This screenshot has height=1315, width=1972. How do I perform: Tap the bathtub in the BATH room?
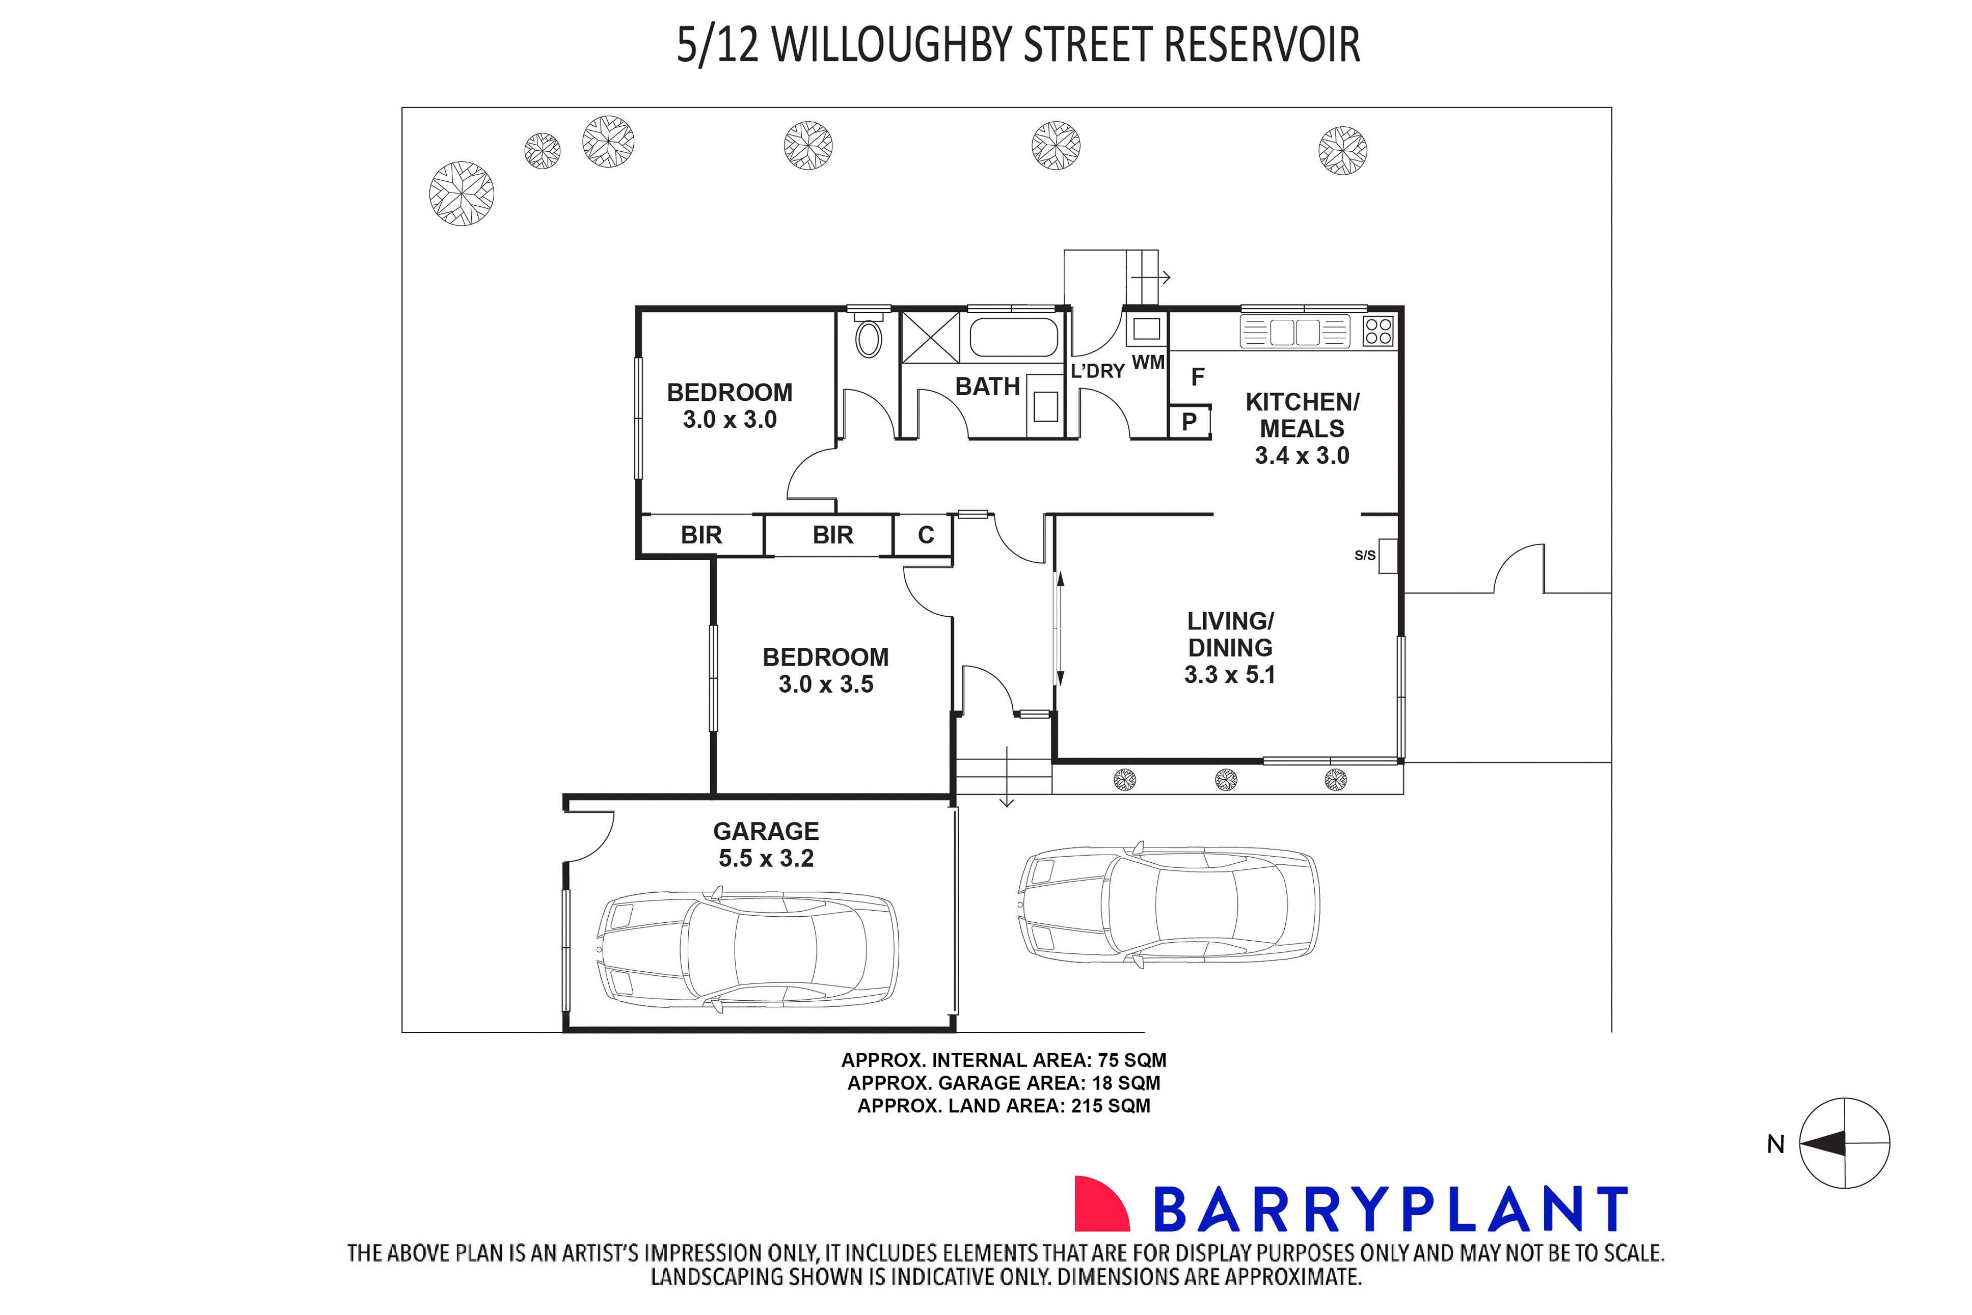click(x=1013, y=337)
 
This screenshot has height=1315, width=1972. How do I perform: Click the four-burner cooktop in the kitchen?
click(x=1378, y=331)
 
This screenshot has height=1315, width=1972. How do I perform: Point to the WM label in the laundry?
click(x=1148, y=362)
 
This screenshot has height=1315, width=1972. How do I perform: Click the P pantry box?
click(x=1190, y=422)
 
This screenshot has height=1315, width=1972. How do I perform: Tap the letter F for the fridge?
click(x=1198, y=377)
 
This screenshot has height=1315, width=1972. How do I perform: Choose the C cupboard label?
click(x=926, y=535)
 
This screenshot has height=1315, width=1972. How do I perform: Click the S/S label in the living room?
click(x=1365, y=555)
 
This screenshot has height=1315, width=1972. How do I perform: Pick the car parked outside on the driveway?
click(x=1168, y=905)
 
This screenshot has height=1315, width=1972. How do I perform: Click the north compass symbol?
click(x=1844, y=1143)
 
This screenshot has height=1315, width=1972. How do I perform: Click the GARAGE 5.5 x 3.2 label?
click(x=766, y=844)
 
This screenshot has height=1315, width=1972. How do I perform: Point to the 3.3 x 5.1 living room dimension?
click(x=1230, y=675)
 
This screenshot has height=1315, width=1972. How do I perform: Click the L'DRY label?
click(x=1097, y=371)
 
